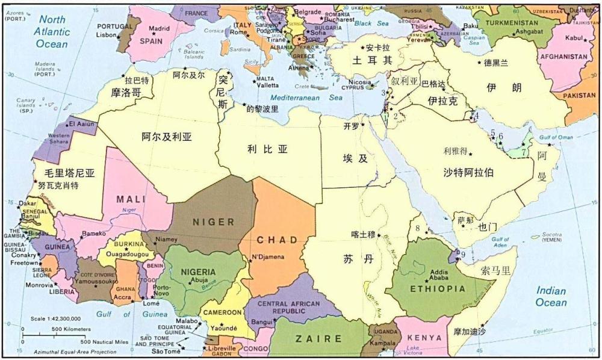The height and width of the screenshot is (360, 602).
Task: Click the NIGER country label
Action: click(x=213, y=222)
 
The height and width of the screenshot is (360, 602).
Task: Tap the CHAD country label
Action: click(x=277, y=240)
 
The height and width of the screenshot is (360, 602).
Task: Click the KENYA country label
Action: click(x=426, y=338)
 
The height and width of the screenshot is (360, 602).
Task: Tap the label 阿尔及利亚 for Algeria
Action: click(x=167, y=137)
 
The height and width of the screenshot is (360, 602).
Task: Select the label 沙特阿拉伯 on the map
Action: click(x=469, y=172)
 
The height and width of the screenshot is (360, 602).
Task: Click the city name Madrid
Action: click(x=159, y=28)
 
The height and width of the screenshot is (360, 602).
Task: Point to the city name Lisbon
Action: click(x=105, y=35)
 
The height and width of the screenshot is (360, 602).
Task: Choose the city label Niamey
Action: click(x=167, y=239)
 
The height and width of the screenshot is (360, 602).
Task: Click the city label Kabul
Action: click(x=575, y=38)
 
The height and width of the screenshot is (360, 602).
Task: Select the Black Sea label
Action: click(x=371, y=23)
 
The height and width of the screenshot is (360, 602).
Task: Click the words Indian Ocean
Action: click(x=551, y=297)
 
